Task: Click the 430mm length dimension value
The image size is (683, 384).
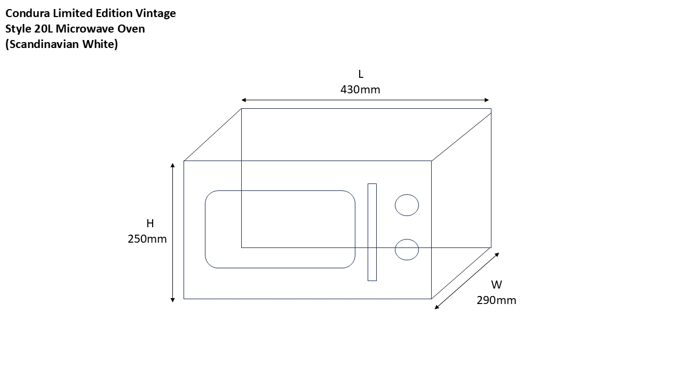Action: [360, 90]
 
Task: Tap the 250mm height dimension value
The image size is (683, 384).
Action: [147, 239]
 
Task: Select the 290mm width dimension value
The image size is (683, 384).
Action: [496, 300]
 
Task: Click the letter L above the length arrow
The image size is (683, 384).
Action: [361, 74]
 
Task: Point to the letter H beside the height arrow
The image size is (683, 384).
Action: [150, 223]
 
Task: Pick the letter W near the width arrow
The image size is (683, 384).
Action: [496, 285]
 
